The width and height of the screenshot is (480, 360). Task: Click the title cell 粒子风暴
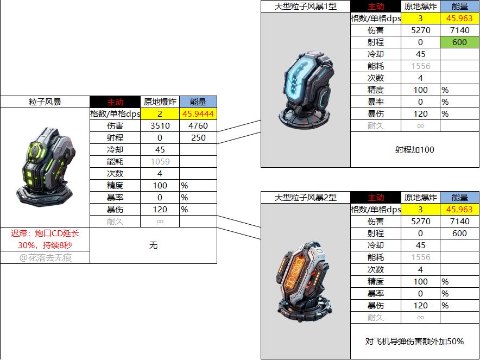click(x=45, y=102)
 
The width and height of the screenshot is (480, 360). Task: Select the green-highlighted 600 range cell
click(x=459, y=42)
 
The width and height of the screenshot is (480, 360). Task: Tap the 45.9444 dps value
click(x=198, y=114)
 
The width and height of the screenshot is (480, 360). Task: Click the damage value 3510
click(x=160, y=126)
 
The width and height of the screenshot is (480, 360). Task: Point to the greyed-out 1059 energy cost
click(x=160, y=162)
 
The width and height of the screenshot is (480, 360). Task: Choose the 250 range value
click(x=198, y=138)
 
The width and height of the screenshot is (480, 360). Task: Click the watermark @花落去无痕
click(x=45, y=258)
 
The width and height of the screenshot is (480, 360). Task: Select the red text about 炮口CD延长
click(x=45, y=239)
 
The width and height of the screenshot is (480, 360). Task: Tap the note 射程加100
click(x=414, y=150)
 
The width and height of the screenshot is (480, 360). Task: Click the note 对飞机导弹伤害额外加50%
click(x=414, y=342)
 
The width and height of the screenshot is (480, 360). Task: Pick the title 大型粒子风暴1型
click(x=306, y=7)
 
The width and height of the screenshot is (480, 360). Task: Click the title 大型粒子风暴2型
click(x=306, y=198)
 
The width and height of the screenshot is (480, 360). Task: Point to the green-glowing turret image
click(x=46, y=167)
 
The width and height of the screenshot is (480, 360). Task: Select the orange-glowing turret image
click(x=304, y=282)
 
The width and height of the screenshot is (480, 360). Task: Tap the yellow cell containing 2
click(x=160, y=114)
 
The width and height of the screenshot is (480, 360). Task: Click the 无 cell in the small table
click(x=153, y=245)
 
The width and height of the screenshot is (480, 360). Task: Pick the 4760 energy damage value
click(x=198, y=126)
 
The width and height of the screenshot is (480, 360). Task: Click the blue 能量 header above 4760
click(x=198, y=102)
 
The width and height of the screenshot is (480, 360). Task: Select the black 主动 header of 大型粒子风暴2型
click(x=376, y=198)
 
